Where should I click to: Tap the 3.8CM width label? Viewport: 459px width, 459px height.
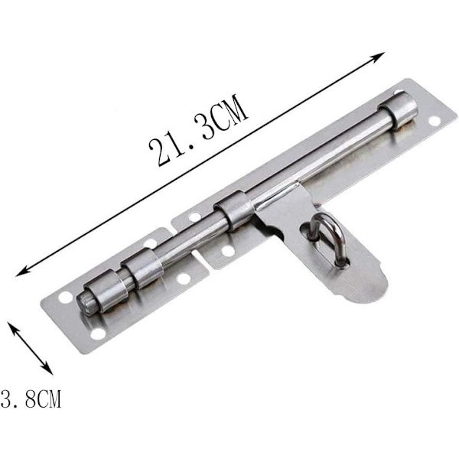31,399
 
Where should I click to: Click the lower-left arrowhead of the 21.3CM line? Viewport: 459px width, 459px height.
23,272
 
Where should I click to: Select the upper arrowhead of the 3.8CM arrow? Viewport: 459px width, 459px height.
11,326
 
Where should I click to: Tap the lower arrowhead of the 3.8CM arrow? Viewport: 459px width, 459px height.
48,369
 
